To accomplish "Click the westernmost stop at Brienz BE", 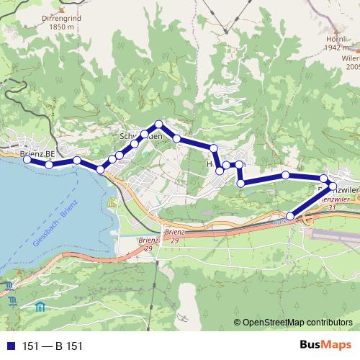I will [27, 160].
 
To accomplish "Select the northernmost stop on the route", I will [159, 125].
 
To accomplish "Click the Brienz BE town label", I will [38, 153].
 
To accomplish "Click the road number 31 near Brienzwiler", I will [332, 207].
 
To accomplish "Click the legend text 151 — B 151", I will [52, 346].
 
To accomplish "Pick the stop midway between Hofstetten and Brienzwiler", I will [286, 175].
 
